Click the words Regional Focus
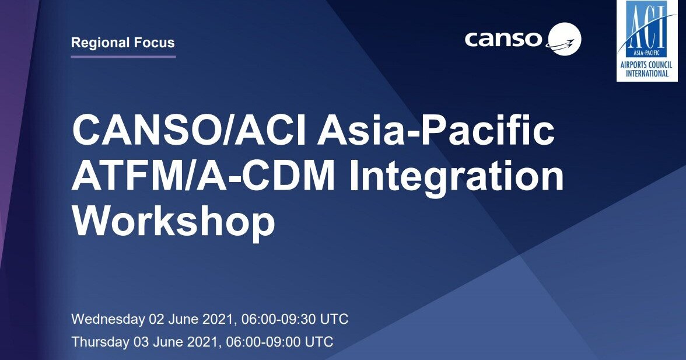pyautogui.click(x=123, y=43)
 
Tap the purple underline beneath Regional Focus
pyautogui.click(x=123, y=57)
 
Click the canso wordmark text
pyautogui.click(x=503, y=39)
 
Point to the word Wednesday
pyautogui.click(x=107, y=319)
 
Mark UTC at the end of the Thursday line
pyautogui.click(x=320, y=341)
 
